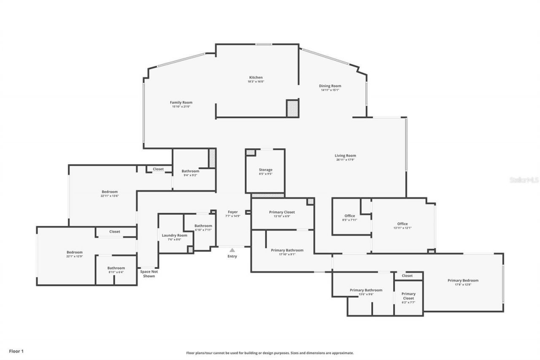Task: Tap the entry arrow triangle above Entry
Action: click(x=232, y=250)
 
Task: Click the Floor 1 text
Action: click(x=16, y=351)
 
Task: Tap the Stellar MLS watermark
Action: click(x=524, y=180)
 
